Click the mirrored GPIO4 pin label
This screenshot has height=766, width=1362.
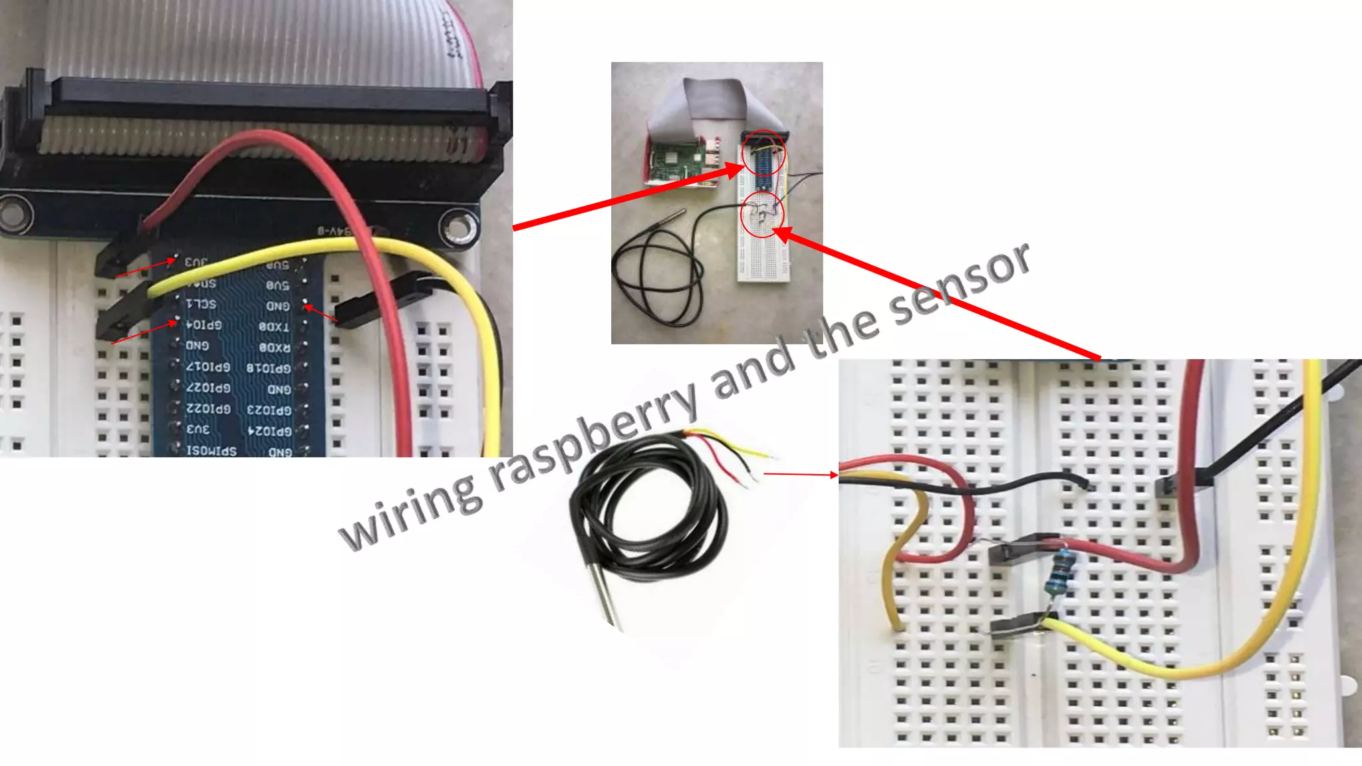[204, 325]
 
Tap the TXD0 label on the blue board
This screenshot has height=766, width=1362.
[274, 326]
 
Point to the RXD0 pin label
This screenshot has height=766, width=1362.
[274, 347]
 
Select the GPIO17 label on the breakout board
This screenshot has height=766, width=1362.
[208, 366]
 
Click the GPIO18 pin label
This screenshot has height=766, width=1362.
[269, 368]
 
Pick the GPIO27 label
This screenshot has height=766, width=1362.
[208, 387]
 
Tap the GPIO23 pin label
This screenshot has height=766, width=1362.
[269, 410]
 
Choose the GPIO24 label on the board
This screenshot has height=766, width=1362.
[269, 431]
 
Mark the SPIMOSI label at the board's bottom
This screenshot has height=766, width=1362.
[211, 451]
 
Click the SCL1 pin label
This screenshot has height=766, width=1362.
[201, 304]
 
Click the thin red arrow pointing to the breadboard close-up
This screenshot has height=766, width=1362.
[801, 475]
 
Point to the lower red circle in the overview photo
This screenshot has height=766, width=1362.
[763, 214]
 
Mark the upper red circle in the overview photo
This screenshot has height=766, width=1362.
[763, 153]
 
